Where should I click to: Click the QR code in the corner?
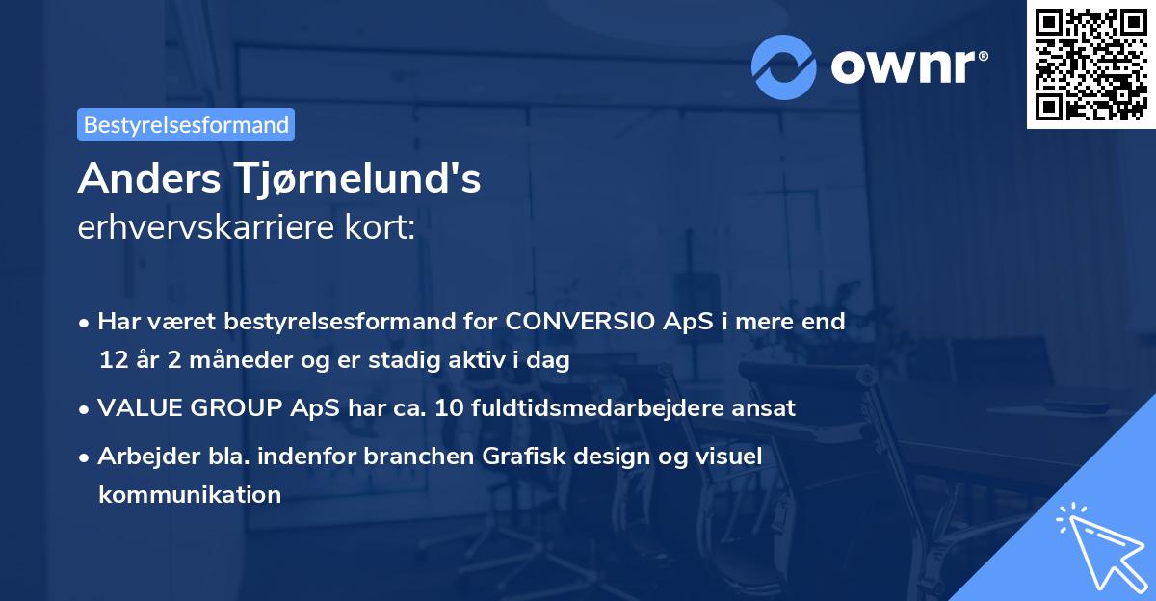[x=1090, y=65]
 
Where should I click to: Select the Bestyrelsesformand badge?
[x=186, y=124]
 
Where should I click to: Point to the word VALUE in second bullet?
[x=137, y=407]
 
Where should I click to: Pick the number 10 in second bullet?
[x=449, y=407]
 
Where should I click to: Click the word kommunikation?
[x=190, y=495]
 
